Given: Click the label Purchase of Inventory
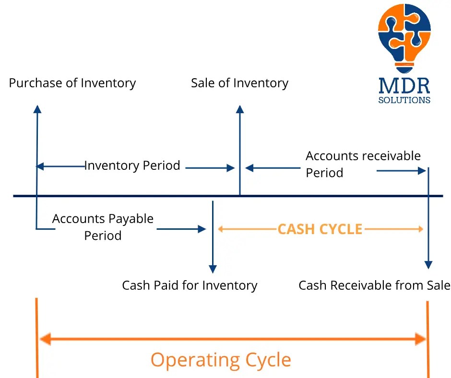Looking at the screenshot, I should point(72,83).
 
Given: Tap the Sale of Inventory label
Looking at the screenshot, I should point(239,83).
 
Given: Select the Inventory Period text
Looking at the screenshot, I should point(132,166).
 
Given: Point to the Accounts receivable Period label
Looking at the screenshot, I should point(363,164).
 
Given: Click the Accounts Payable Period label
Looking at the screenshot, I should point(103,227).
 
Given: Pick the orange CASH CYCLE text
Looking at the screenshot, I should point(320,229).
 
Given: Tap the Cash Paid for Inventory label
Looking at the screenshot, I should point(190,285).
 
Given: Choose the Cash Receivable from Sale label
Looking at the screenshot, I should point(374,285).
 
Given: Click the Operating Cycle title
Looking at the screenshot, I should point(221,359).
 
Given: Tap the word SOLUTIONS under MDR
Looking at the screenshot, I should point(404,101).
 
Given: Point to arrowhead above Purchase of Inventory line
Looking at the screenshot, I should point(37,108).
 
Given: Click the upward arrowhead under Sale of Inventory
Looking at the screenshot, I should point(240,109).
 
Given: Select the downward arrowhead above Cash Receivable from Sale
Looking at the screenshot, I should point(428,265).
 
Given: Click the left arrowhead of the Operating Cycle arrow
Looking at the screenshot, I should point(45,340).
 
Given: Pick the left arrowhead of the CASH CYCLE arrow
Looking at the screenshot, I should point(221,229).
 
